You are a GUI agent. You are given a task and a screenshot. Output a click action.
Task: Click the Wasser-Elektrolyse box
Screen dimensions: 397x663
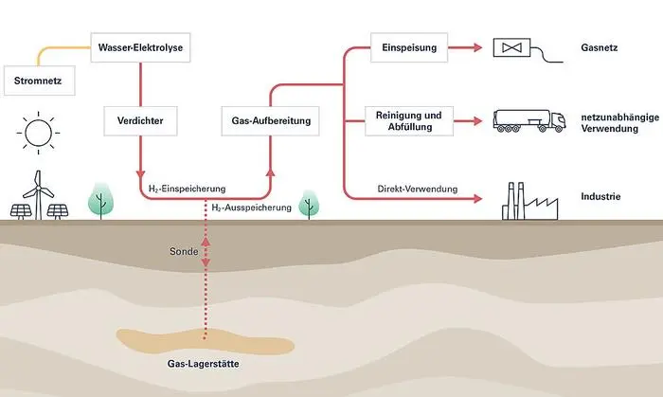140,45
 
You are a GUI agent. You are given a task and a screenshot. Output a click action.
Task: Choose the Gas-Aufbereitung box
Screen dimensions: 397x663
271,121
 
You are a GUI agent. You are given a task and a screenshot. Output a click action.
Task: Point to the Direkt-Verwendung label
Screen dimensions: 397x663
417,189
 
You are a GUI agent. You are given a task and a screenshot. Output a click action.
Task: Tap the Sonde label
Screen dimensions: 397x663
183,254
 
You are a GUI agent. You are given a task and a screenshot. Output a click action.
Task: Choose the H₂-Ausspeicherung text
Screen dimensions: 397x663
251,207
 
